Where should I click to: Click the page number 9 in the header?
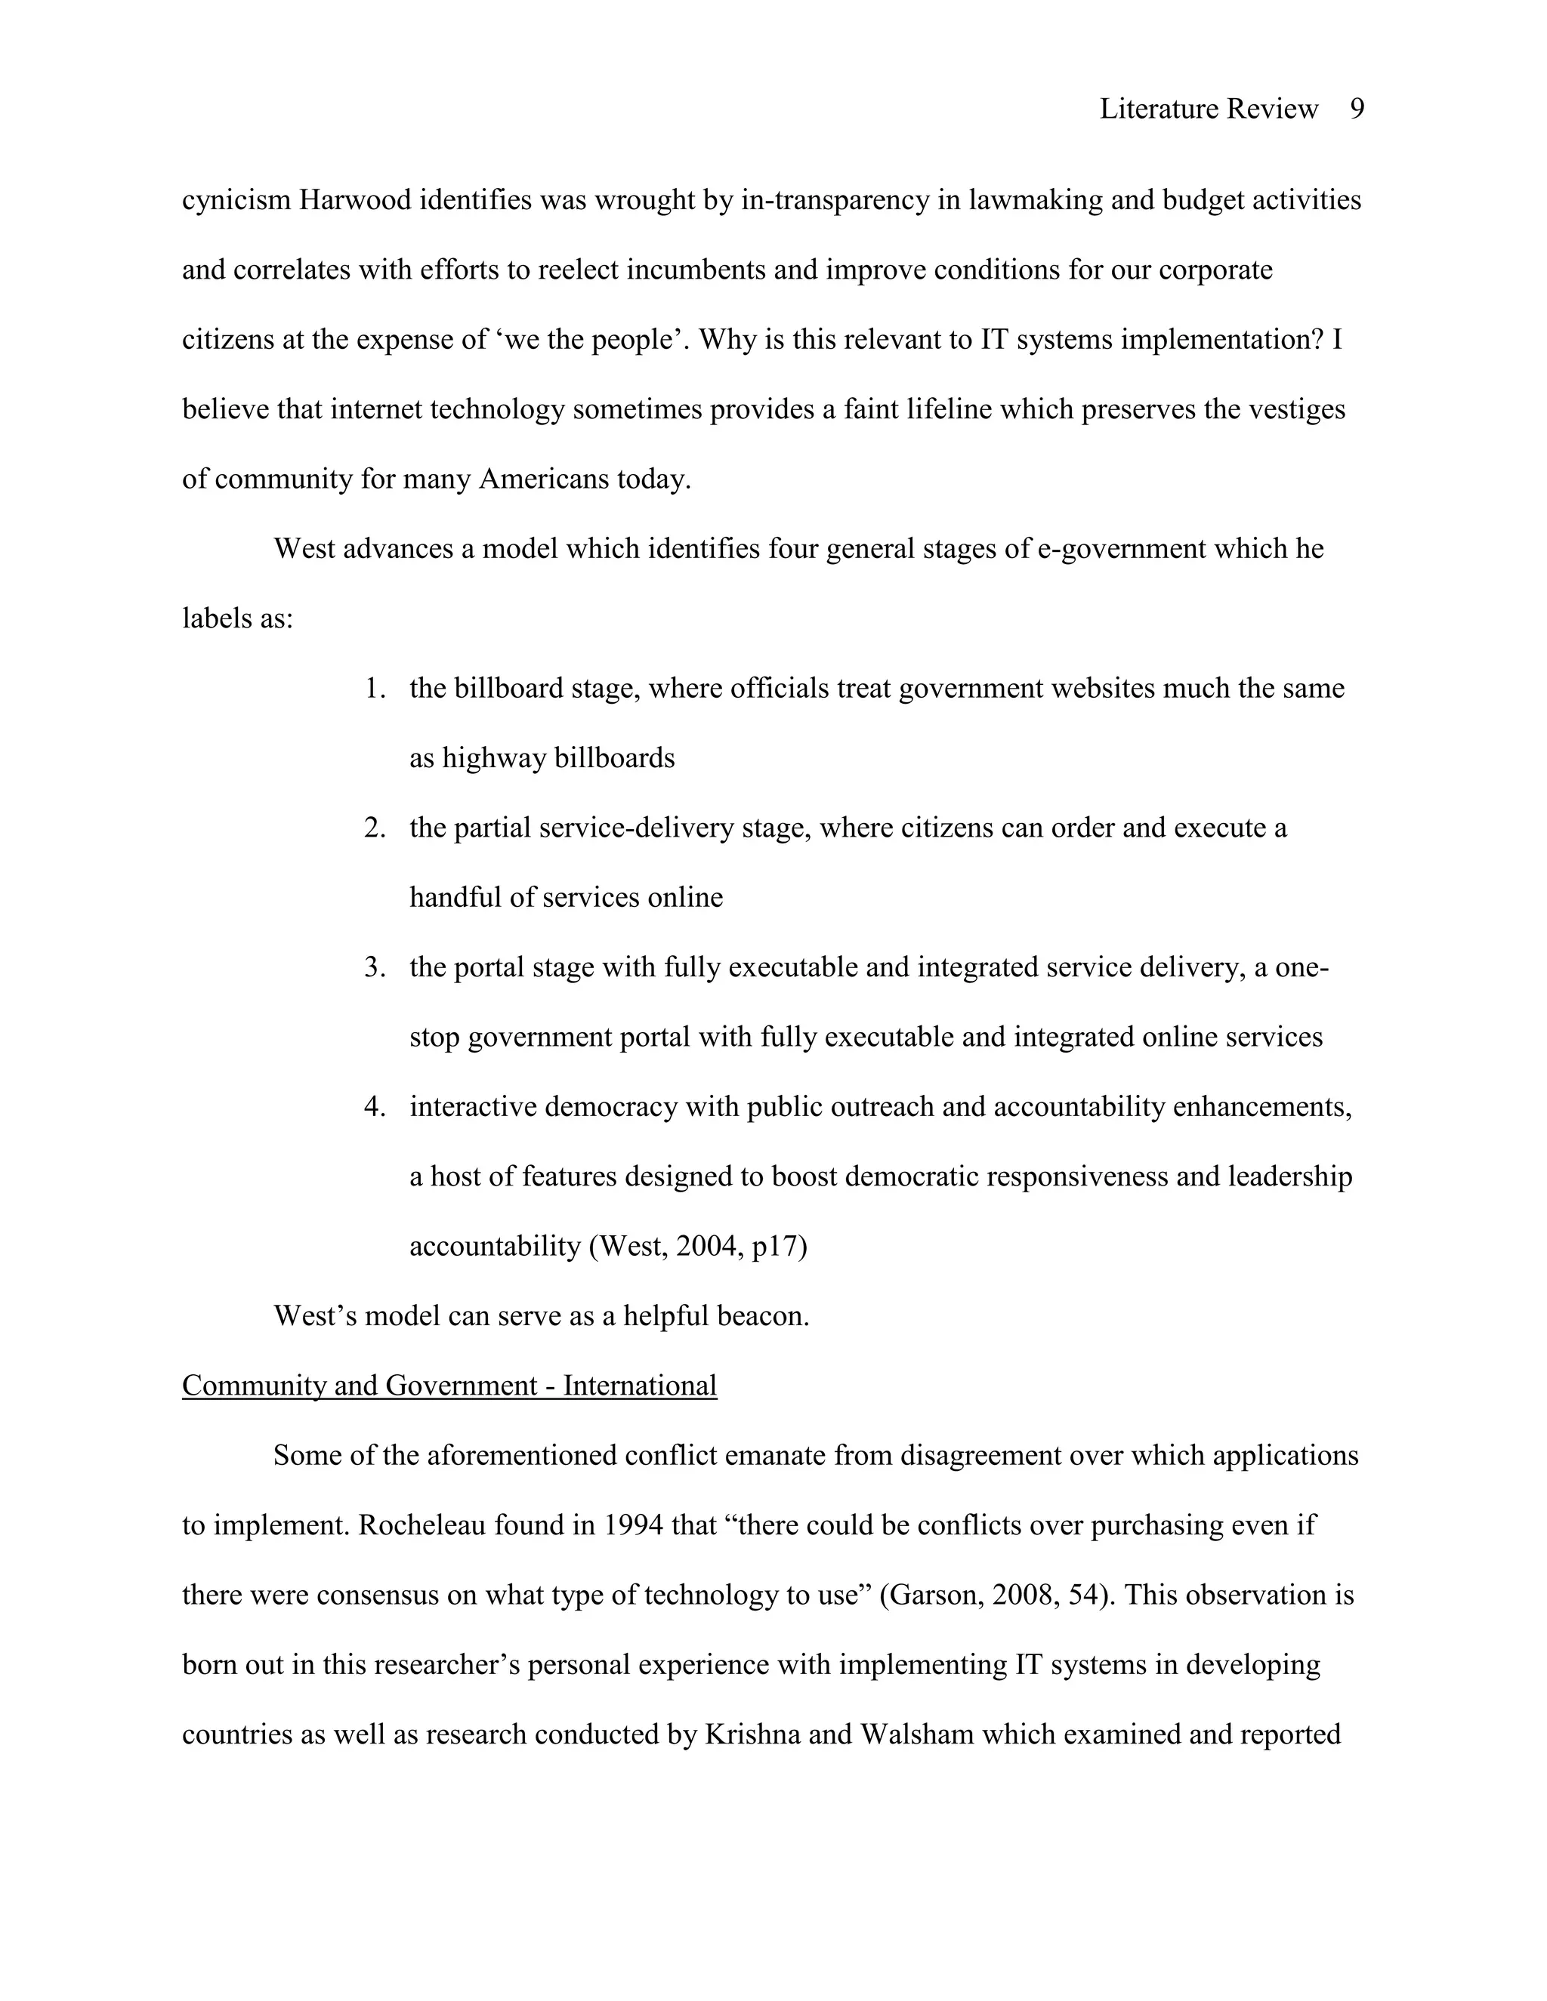point(1357,109)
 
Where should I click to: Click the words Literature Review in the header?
point(1208,109)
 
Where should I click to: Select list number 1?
point(375,688)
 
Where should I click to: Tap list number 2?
point(375,828)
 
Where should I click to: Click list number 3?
point(375,967)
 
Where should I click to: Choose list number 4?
point(375,1107)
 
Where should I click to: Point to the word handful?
point(455,897)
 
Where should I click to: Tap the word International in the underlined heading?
point(640,1386)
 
